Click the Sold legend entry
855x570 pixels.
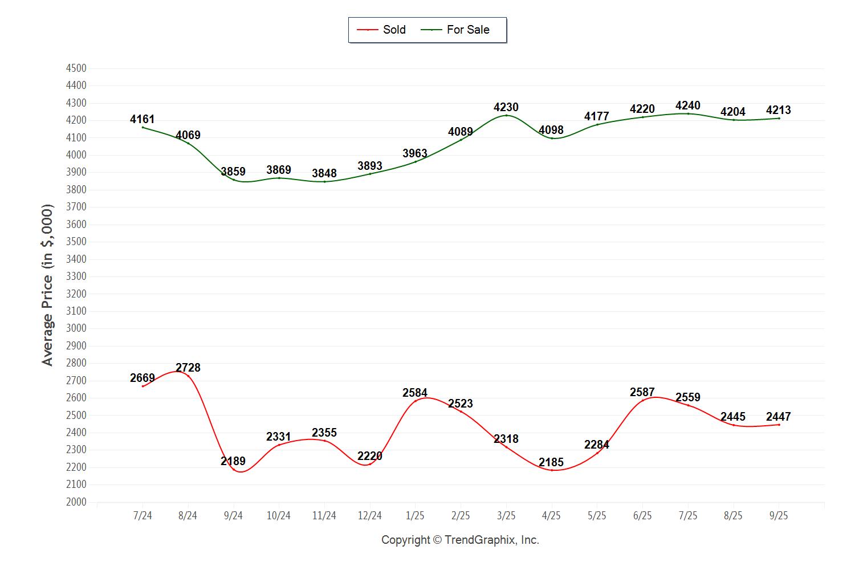(x=381, y=30)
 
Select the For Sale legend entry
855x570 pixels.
(x=455, y=30)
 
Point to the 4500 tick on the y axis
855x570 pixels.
(x=76, y=68)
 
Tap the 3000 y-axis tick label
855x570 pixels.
(x=76, y=328)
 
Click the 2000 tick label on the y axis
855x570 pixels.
(x=76, y=502)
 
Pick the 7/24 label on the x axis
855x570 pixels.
(x=142, y=516)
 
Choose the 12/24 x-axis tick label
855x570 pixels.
(x=370, y=516)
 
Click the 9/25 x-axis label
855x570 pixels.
(x=779, y=516)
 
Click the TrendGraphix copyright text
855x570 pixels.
(x=460, y=540)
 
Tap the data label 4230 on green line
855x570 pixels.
(x=506, y=107)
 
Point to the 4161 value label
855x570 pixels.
(x=142, y=119)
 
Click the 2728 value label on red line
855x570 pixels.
(x=188, y=368)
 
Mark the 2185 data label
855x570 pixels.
(x=551, y=462)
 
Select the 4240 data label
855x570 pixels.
(x=688, y=105)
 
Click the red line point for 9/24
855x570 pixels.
(x=233, y=469)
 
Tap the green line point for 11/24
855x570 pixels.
(x=324, y=181)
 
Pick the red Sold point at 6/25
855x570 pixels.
(x=642, y=400)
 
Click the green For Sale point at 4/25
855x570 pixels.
(x=552, y=138)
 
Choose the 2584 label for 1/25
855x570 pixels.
(x=415, y=393)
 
